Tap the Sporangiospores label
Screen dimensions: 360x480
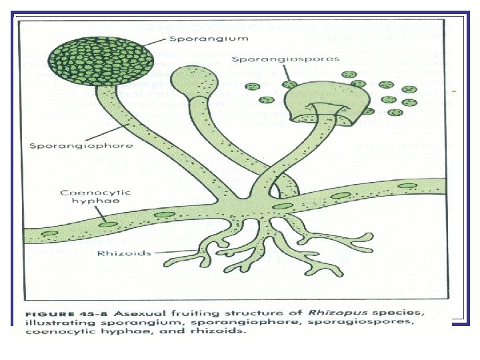pyautogui.click(x=285, y=59)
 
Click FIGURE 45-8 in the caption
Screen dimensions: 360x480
pyautogui.click(x=67, y=313)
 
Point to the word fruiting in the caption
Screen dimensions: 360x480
pyautogui.click(x=175, y=313)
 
